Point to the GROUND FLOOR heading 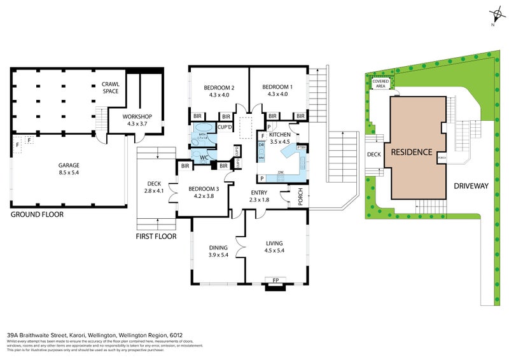click(x=36, y=215)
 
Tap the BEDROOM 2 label click(x=220, y=91)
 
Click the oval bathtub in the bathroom click(x=203, y=135)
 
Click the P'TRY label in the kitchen click(x=300, y=148)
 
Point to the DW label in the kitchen click(x=279, y=172)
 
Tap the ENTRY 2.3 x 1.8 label click(x=259, y=196)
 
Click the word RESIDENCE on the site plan click(x=412, y=152)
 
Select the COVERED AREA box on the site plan click(x=381, y=83)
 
